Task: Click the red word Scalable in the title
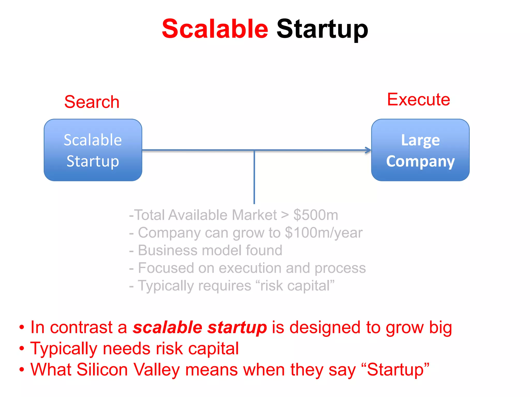215,29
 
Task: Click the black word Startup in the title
322,29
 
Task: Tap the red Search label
92,102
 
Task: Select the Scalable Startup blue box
93,150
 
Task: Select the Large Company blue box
420,150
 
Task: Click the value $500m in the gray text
315,215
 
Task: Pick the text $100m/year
323,233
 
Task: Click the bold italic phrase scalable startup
200,327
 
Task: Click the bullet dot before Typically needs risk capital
22,348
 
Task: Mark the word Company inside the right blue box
420,161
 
